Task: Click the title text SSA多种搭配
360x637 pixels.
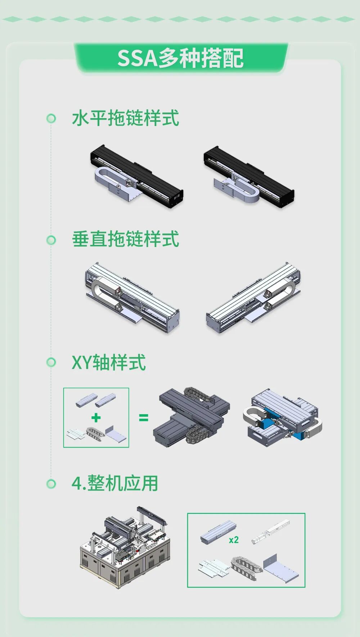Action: [180, 58]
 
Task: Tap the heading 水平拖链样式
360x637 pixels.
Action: [126, 118]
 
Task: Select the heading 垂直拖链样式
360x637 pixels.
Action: [126, 239]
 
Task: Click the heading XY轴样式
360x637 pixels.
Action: [109, 362]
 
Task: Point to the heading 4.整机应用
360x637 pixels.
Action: [115, 483]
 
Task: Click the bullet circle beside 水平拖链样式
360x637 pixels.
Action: [51, 118]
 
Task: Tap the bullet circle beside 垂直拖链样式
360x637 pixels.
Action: [51, 240]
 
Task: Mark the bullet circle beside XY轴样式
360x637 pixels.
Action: [51, 362]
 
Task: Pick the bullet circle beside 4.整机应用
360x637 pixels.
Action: [51, 484]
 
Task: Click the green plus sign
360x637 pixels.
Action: [96, 418]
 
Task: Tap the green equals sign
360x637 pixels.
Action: [143, 418]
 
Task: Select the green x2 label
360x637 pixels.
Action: [234, 540]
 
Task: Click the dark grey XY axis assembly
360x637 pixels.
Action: [192, 417]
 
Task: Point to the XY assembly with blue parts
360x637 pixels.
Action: [283, 417]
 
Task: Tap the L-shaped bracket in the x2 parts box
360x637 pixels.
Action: [281, 567]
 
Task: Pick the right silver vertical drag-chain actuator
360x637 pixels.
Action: [254, 298]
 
